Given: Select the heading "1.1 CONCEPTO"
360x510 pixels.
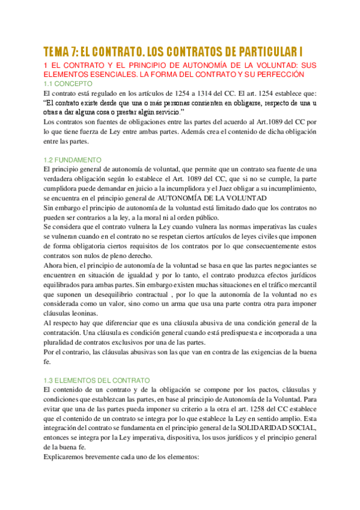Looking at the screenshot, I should pyautogui.click(x=68, y=84).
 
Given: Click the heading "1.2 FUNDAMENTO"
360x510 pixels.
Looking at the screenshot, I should pyautogui.click(x=73, y=160).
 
